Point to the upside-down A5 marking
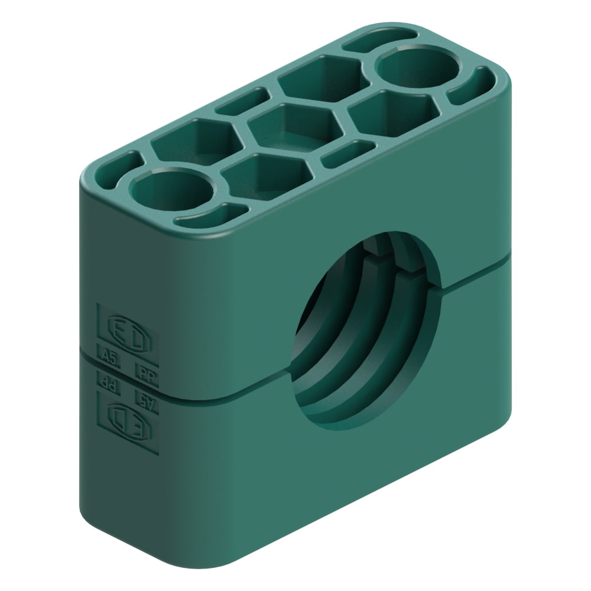145,397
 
